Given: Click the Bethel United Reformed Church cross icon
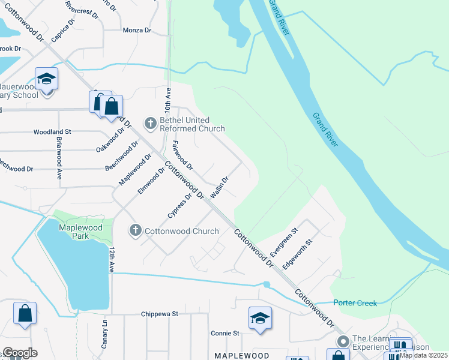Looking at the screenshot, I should coord(150,124).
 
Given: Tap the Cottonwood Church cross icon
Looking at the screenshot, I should coord(135,230).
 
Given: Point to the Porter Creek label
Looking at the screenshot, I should coord(355,303).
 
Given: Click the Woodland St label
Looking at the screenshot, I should coord(52,131).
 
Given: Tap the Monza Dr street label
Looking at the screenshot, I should coord(136,30).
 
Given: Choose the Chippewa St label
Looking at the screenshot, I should coord(160,314).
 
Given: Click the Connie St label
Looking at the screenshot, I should coord(225,333).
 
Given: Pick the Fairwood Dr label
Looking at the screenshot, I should coord(181,155).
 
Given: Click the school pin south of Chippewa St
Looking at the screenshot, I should coord(260,319).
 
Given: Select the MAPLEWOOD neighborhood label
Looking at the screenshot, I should coord(242,356).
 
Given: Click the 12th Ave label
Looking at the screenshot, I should coord(112,259).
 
